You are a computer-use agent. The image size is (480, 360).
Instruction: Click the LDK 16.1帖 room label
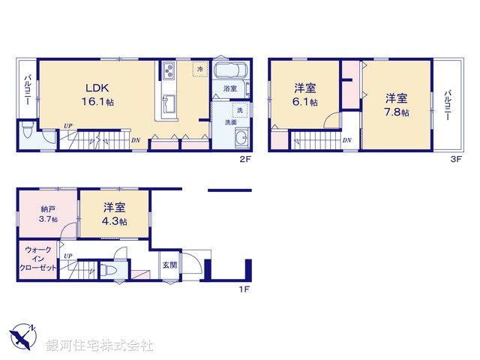99,92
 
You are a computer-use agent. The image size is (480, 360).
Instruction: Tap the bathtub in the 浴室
229,73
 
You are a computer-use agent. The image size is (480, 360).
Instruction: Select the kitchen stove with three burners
167,73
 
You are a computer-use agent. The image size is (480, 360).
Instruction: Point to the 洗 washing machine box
238,110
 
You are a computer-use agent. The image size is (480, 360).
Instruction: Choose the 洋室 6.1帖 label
304,94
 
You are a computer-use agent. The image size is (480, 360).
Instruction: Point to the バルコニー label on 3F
448,106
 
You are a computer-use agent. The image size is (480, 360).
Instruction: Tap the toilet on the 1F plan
110,270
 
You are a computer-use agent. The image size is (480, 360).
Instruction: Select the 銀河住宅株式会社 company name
99,346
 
